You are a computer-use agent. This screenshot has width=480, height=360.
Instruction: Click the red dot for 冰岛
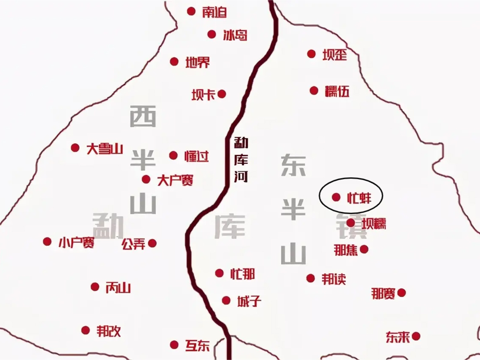212,34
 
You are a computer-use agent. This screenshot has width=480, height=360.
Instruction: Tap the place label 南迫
214,12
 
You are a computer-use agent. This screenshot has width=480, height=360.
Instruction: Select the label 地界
198,62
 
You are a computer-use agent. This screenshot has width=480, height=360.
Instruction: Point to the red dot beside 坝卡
222,94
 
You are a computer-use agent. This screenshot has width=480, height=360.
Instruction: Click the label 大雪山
105,149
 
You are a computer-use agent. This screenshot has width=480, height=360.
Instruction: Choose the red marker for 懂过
173,155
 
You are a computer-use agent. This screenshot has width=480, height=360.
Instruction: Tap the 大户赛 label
175,180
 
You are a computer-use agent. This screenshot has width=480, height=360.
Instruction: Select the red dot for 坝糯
350,223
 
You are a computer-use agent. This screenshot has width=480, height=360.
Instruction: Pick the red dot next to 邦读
310,278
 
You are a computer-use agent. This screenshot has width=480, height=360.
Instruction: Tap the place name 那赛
383,294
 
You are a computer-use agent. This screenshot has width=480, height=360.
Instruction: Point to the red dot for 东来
416,336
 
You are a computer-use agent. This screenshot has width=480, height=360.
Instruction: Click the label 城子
249,301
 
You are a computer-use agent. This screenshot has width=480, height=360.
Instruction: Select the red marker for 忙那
219,273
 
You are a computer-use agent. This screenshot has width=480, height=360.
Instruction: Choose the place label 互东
197,345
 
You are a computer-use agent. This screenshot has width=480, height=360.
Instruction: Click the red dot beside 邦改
85,330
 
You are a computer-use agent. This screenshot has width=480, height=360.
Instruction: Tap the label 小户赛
76,242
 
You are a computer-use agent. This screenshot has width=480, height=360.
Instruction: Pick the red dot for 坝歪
311,54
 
